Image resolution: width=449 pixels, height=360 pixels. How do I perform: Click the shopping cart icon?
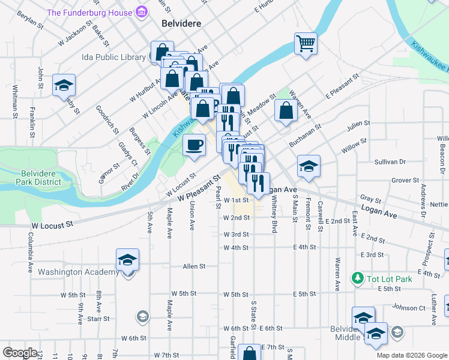click(306, 43)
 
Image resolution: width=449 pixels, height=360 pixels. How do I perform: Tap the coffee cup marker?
click(194, 145)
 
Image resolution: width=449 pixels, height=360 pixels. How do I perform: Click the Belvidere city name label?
click(180, 23)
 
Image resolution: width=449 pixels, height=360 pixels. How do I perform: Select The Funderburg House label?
click(90, 12)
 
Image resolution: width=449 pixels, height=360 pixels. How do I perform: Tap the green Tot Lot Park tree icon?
click(358, 278)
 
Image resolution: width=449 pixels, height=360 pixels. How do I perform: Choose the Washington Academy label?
click(79, 272)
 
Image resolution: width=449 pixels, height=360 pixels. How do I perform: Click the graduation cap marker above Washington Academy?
click(127, 260)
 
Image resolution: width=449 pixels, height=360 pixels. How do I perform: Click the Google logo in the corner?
click(20, 353)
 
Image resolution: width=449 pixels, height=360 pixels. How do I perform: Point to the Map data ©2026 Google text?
click(411, 355)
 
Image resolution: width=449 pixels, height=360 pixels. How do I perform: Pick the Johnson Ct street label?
click(409, 308)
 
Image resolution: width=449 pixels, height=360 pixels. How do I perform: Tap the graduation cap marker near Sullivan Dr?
click(309, 166)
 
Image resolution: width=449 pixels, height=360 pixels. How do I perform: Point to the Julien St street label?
click(357, 124)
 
